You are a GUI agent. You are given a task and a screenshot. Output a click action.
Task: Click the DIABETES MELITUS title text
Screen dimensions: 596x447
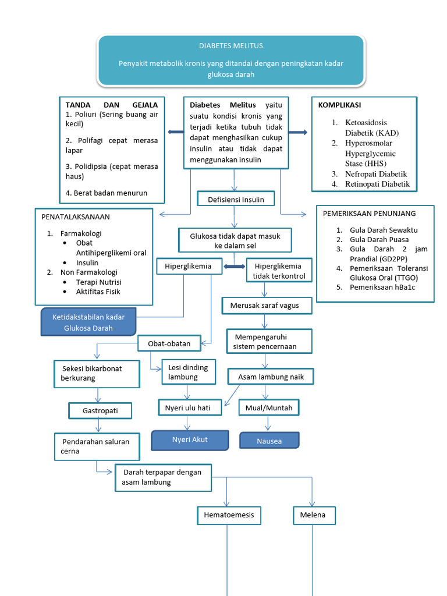pos(231,45)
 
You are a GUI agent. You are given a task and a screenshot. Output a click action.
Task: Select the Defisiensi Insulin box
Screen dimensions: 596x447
pos(236,200)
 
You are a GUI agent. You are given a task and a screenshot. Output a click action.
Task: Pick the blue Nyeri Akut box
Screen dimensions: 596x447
pos(190,440)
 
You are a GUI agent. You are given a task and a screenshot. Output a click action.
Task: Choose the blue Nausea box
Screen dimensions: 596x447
pos(269,441)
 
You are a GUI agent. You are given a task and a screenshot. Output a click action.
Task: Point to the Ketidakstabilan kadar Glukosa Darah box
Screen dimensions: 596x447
pos(88,322)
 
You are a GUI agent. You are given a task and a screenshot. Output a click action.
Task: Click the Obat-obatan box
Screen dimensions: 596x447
pos(169,343)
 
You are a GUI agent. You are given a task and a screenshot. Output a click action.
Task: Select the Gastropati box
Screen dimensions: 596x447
pos(100,410)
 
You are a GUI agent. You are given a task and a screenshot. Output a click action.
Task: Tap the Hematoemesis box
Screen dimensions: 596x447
pos(227,515)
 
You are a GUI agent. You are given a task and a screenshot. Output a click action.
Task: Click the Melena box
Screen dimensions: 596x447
pos(313,515)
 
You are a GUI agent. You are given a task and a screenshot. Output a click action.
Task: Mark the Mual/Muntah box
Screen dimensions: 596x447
pos(269,408)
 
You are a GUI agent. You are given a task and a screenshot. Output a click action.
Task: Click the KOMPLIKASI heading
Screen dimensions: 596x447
pos(339,105)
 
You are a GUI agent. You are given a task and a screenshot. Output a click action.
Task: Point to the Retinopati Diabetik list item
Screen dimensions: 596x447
pos(377,184)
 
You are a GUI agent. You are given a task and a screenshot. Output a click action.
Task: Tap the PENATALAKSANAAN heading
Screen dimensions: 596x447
pos(75,217)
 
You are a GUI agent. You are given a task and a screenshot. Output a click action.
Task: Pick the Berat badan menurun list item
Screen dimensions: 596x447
pos(107,193)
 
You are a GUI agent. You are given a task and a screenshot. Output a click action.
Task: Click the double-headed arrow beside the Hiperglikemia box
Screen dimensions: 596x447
pos(235,267)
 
